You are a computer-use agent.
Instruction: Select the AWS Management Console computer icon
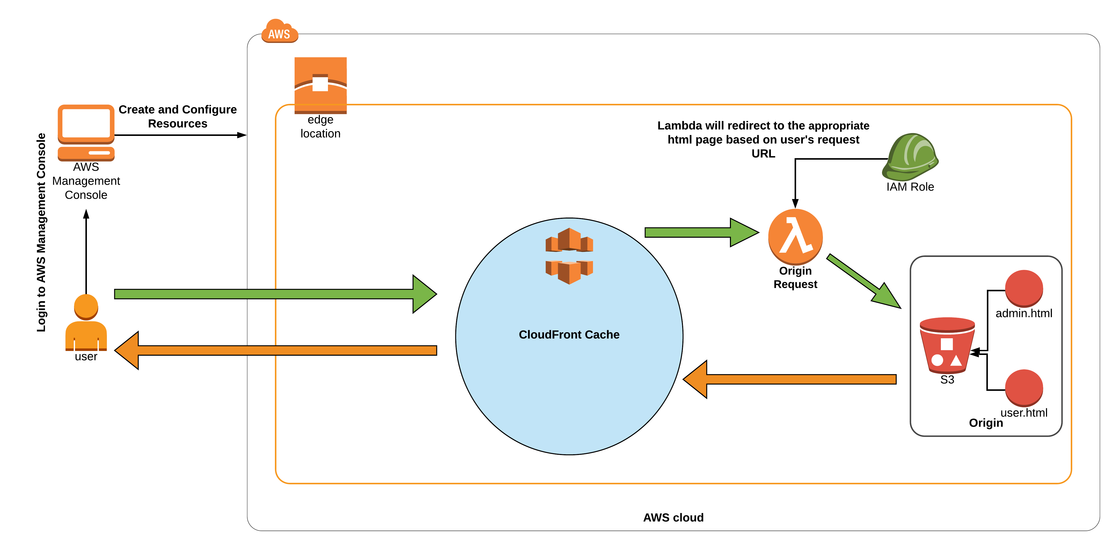(86, 132)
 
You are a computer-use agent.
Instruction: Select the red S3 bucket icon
(947, 345)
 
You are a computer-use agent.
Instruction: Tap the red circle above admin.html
(1024, 288)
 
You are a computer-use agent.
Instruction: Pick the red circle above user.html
(1024, 388)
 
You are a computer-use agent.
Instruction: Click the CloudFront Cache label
(569, 334)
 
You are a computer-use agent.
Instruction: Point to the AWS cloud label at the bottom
(673, 517)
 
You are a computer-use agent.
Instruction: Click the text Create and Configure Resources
(178, 116)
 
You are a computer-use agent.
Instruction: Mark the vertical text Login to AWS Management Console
(41, 232)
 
